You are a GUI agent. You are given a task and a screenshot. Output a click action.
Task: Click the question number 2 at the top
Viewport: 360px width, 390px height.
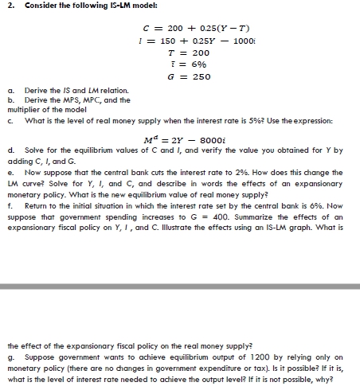[x=6, y=7]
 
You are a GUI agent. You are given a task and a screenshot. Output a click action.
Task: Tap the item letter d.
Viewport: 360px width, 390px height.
[x=8, y=149]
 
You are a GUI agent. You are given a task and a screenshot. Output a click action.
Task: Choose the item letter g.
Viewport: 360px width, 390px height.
[x=8, y=357]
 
